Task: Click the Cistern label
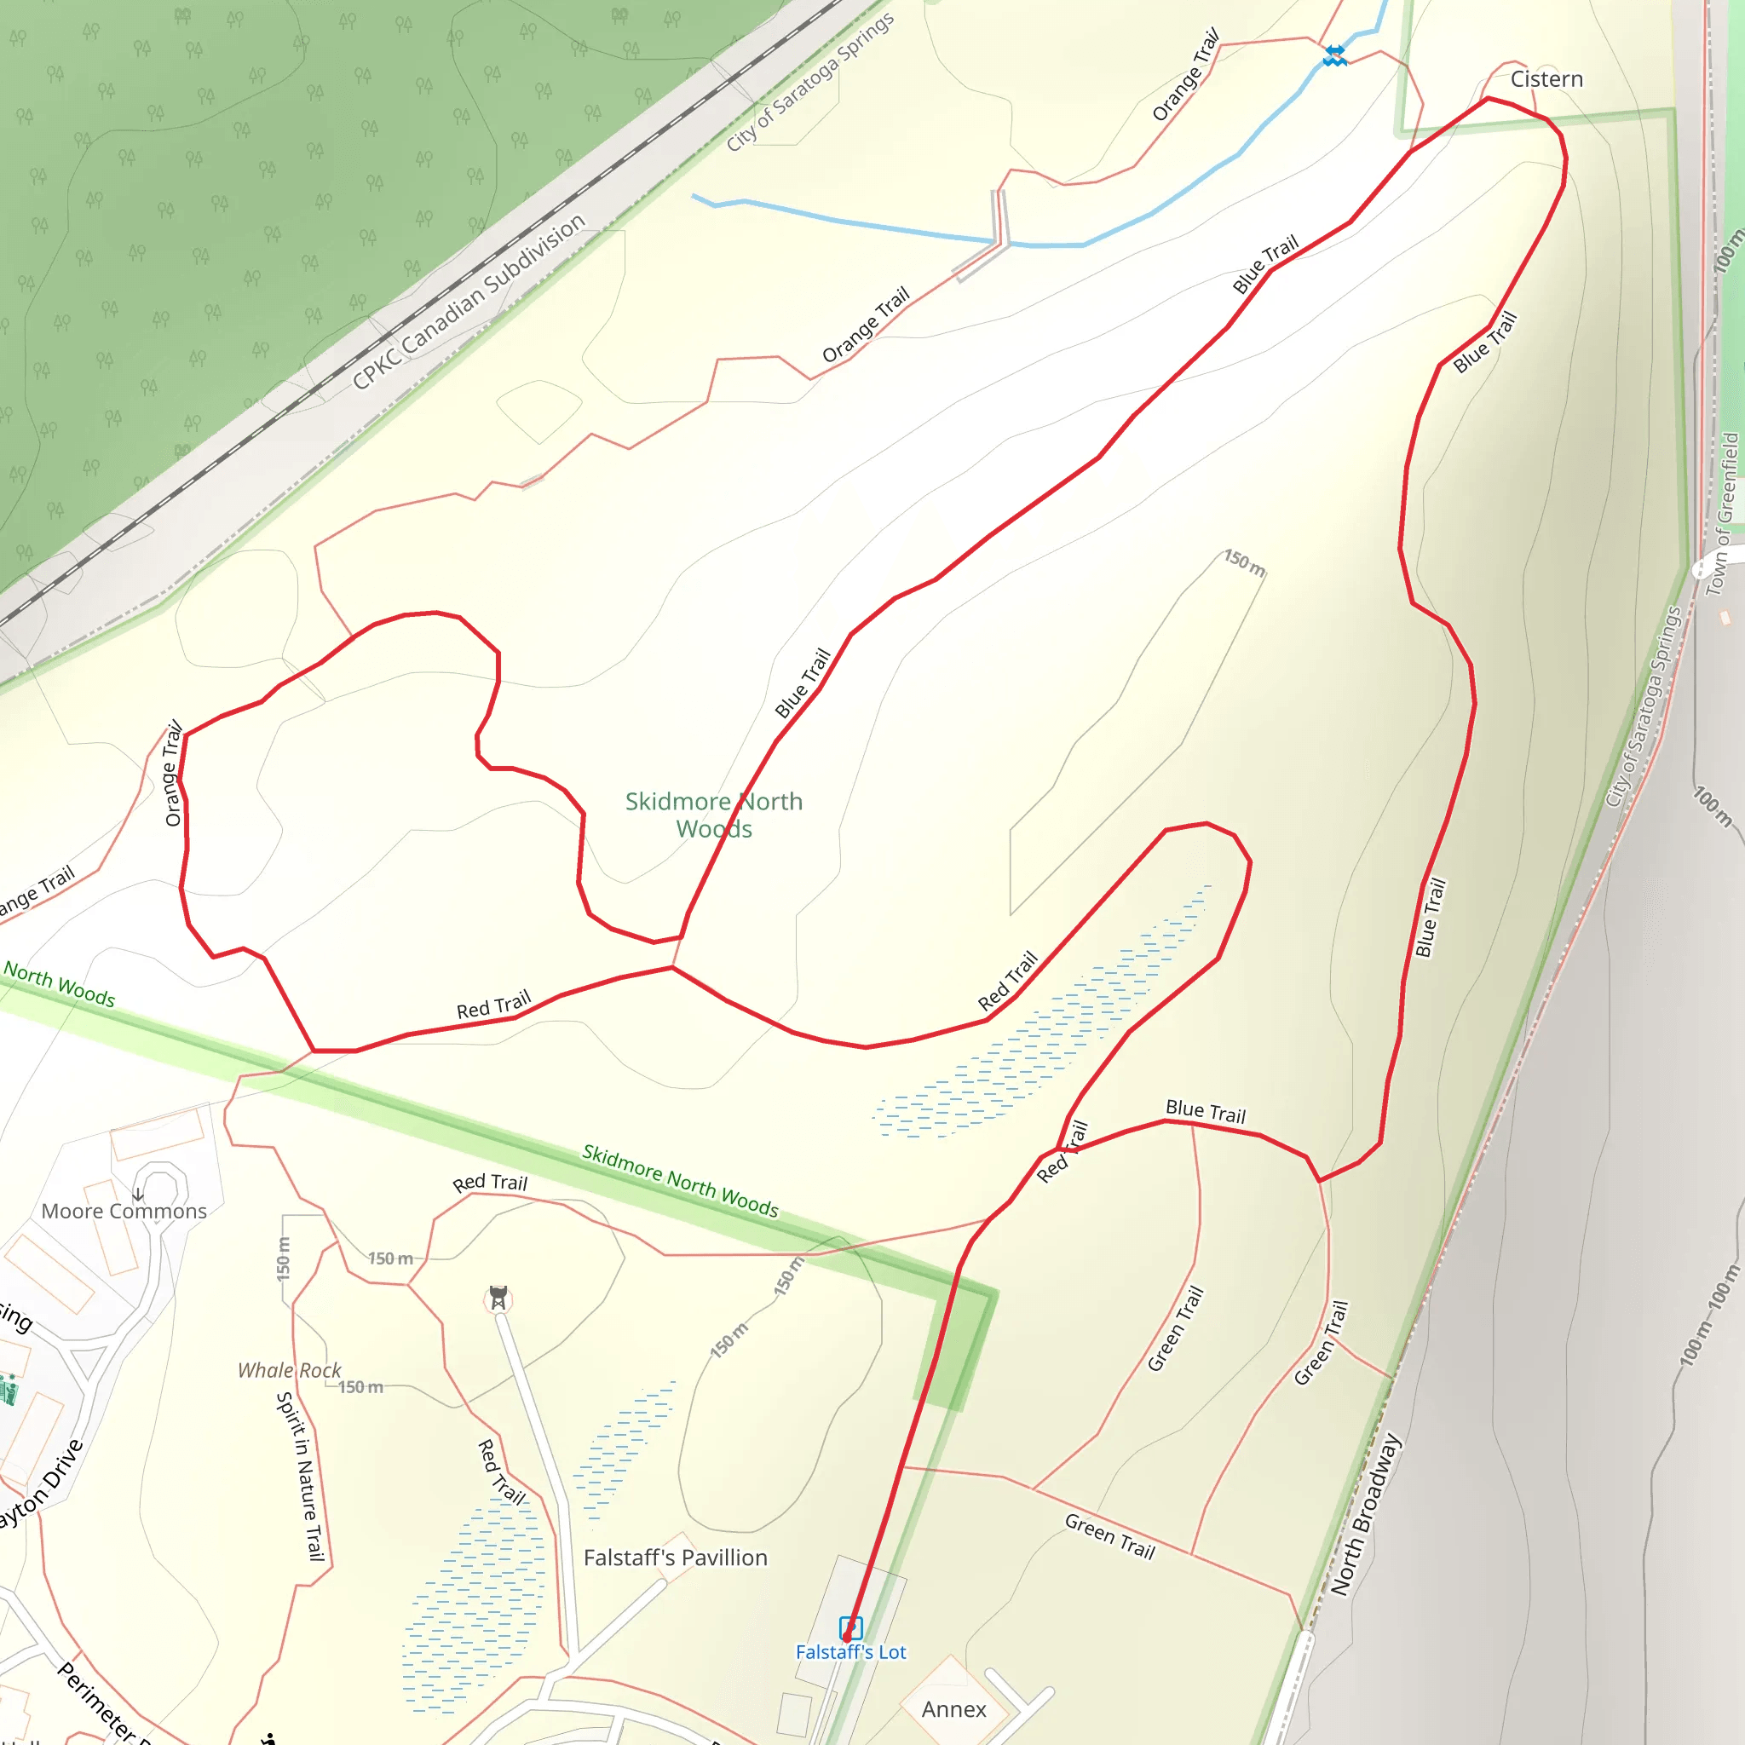(1546, 79)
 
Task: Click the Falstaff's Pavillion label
(676, 1558)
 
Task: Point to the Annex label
(953, 1709)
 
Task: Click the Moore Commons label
(124, 1212)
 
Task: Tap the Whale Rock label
(289, 1370)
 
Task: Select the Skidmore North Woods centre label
(713, 815)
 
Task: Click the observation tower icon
(498, 1298)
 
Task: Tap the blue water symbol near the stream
(1335, 56)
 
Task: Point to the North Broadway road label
(1365, 1515)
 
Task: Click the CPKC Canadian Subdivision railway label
(469, 302)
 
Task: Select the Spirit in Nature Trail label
(301, 1477)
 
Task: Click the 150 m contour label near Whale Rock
(360, 1386)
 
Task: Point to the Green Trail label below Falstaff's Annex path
(1110, 1535)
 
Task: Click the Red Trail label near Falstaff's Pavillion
(499, 1472)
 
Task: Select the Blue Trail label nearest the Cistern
(1485, 342)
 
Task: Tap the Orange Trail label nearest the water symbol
(1185, 74)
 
